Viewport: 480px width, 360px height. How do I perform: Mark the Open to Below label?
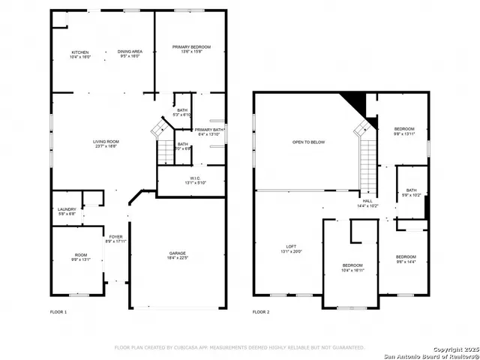pyautogui.click(x=308, y=142)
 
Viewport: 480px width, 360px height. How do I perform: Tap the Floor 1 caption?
pyautogui.click(x=58, y=311)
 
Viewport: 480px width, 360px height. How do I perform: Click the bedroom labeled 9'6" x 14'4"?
pyautogui.click(x=406, y=259)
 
